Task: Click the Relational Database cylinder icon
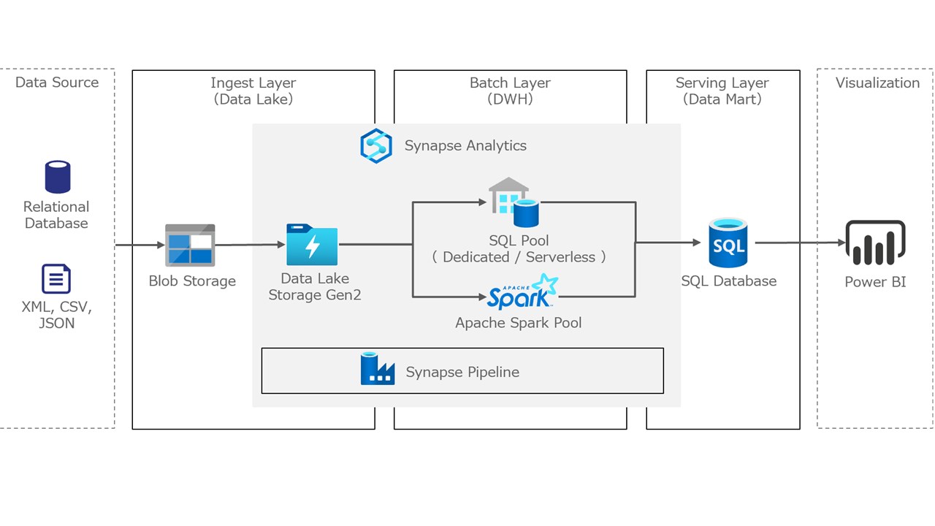57,178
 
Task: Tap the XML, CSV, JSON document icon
56,279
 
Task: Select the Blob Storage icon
190,245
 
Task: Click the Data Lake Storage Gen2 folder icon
312,245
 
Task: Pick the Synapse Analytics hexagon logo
376,145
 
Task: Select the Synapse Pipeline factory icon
378,369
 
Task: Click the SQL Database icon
728,243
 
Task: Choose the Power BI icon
875,243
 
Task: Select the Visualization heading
877,83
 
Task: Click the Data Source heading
57,83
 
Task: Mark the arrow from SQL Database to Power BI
799,243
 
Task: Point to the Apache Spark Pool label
519,322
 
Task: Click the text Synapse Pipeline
462,372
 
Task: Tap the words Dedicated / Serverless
519,257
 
